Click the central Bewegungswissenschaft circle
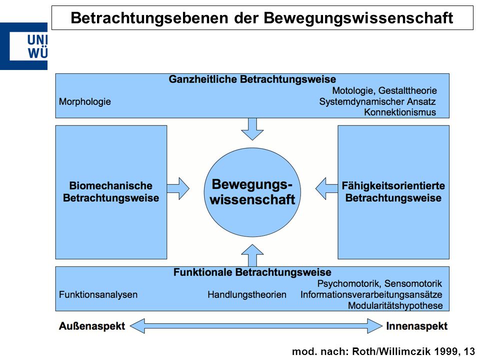252,192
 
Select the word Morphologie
85,101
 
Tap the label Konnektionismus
400,112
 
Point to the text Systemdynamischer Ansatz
377,101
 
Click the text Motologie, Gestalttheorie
384,90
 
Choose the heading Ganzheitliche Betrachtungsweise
252,79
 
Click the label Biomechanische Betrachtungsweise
111,191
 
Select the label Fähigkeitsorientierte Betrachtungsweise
393,191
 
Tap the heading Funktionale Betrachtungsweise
252,272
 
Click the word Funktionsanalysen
98,294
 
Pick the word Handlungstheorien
247,294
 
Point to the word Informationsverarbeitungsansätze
371,294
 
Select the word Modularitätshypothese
395,305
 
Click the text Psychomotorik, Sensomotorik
379,283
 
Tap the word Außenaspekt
92,326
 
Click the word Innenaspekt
416,326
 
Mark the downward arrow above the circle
252,129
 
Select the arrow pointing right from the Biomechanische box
178,188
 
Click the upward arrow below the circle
252,255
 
